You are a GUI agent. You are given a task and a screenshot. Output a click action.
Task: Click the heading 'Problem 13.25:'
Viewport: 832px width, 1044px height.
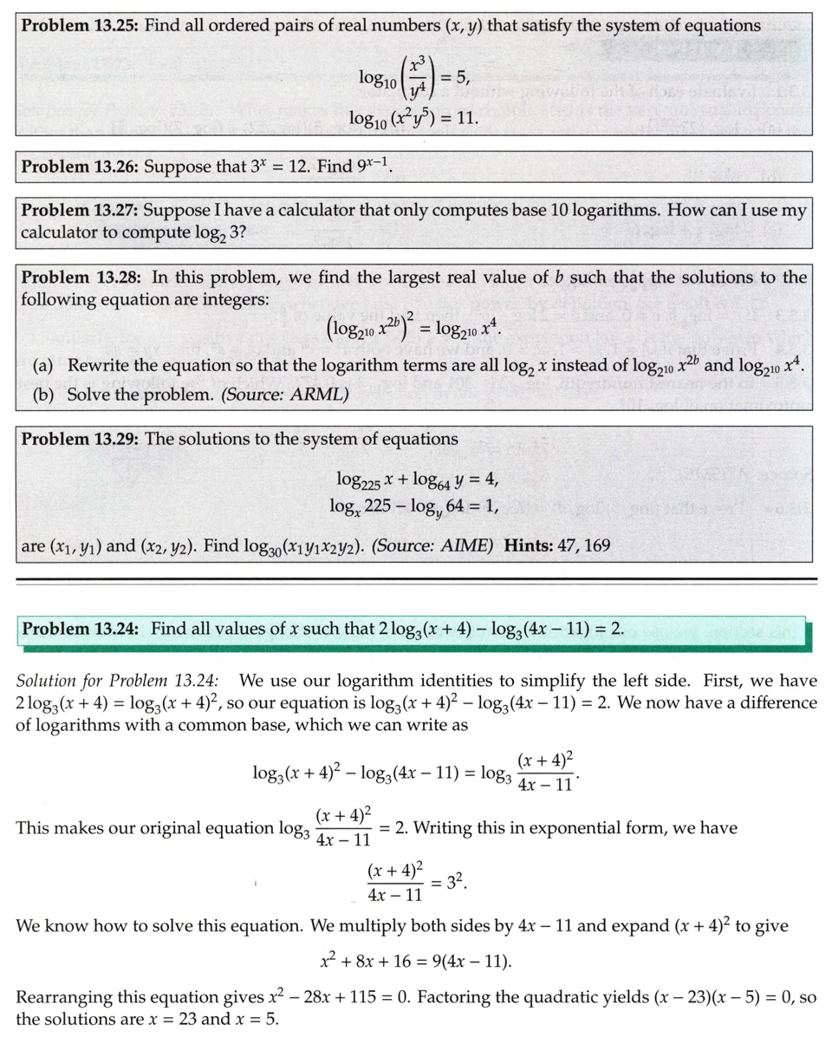click(x=80, y=25)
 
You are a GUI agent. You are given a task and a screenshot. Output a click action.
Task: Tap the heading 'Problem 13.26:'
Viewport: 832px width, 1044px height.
click(x=80, y=167)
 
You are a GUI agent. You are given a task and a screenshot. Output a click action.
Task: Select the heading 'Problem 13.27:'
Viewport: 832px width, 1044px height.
click(x=80, y=210)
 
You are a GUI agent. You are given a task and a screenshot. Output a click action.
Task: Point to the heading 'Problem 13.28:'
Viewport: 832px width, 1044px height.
click(x=80, y=277)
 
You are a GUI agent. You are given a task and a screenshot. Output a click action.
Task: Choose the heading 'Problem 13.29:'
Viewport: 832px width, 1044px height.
click(x=80, y=439)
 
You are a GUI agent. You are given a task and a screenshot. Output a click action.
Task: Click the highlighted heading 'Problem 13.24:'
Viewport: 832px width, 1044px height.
click(x=80, y=629)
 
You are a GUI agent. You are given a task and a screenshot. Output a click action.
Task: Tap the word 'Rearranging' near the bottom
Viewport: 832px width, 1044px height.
click(x=64, y=997)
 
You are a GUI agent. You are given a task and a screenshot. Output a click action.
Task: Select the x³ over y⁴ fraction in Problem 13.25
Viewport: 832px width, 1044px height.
click(x=417, y=78)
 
